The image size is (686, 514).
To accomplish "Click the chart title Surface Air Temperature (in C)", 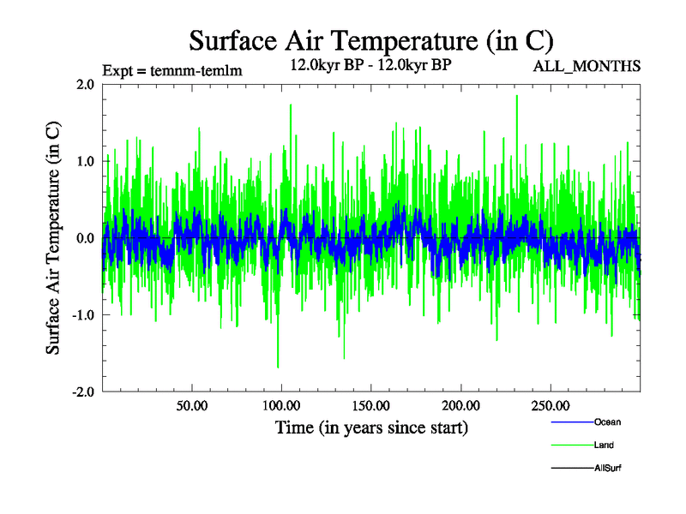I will click(370, 40).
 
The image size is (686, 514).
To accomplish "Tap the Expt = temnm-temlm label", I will click(171, 71).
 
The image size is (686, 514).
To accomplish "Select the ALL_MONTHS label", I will click(587, 67).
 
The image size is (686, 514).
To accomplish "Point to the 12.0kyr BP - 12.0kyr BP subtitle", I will click(371, 64).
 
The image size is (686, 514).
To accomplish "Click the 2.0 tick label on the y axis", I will click(85, 84).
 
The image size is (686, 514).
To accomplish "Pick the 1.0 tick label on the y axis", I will click(85, 161).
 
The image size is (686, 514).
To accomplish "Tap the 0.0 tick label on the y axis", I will click(85, 238).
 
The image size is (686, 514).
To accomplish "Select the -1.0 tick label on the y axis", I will click(82, 315).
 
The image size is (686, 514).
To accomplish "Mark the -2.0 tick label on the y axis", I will click(82, 392).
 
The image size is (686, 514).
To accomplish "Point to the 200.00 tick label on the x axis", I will click(460, 405).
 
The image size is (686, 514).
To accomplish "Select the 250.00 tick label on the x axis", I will click(551, 405).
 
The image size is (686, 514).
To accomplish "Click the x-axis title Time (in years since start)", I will click(371, 427).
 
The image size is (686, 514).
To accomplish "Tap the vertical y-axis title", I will click(53, 238).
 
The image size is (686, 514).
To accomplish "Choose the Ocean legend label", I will click(607, 421).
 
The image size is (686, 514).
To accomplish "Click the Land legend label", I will click(604, 445).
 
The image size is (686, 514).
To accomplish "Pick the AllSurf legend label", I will click(608, 468).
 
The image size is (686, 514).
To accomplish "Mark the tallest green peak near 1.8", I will click(516, 96).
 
